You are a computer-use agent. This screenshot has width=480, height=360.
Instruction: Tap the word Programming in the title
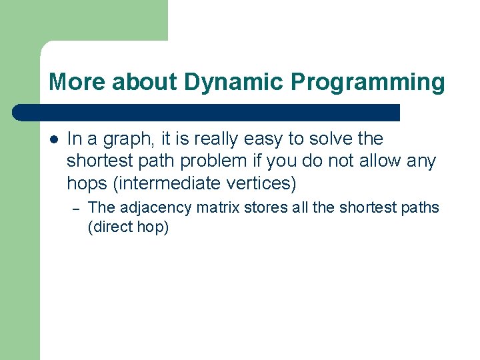pyautogui.click(x=367, y=83)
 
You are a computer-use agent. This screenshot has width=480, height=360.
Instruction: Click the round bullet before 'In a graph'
pyautogui.click(x=53, y=139)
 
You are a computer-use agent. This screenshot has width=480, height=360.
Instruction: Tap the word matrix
pyautogui.click(x=217, y=207)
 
